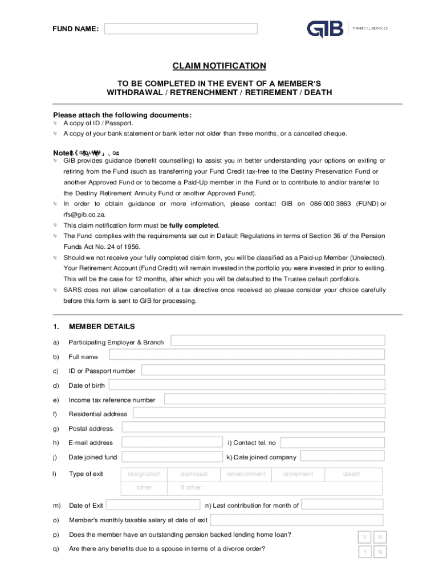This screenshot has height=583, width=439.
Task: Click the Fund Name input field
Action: tap(181, 28)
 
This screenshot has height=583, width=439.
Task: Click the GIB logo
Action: tap(326, 28)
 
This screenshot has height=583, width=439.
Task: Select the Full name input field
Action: tap(247, 355)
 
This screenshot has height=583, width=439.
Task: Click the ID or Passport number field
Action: tap(263, 370)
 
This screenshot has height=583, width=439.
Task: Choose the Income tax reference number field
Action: tap(274, 399)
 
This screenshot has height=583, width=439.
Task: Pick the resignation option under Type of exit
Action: tap(144, 474)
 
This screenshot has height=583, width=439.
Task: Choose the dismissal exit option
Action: tap(194, 474)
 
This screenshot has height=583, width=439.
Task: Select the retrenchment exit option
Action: tap(246, 474)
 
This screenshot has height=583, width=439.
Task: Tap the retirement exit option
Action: tap(298, 474)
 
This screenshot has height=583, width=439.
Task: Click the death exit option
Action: tap(352, 474)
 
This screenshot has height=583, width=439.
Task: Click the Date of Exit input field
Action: tap(153, 505)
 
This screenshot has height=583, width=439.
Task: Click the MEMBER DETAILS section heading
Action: tap(101, 327)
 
